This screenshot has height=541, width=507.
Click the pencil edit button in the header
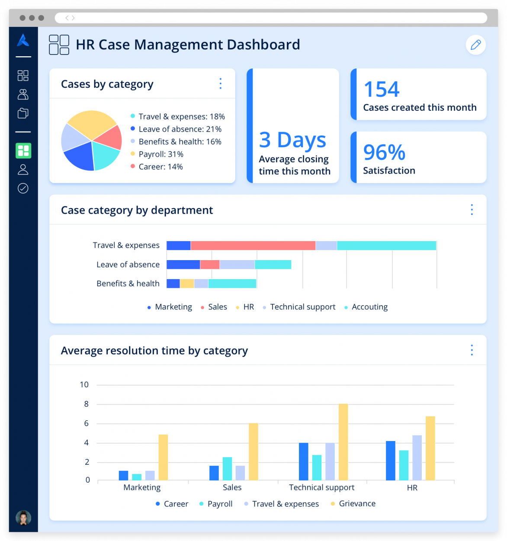click(x=475, y=45)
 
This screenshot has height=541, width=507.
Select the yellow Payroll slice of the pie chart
click(x=91, y=124)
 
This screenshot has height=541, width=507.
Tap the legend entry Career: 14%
click(x=160, y=167)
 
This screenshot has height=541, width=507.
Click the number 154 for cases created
click(x=381, y=90)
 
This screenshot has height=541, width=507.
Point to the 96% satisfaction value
click(x=384, y=152)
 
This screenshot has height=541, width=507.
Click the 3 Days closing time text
click(x=292, y=140)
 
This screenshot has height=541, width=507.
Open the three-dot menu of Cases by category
click(x=221, y=84)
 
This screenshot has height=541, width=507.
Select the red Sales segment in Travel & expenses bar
click(x=253, y=246)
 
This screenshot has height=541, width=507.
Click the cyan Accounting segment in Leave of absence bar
click(x=273, y=264)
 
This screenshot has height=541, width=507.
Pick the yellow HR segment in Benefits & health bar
click(x=187, y=283)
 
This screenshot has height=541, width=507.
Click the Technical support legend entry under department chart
click(x=302, y=307)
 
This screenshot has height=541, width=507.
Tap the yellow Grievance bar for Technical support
click(x=343, y=442)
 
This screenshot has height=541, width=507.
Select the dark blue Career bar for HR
click(x=391, y=460)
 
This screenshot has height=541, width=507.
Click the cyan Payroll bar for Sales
click(x=227, y=468)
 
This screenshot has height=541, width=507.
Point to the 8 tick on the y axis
click(x=87, y=404)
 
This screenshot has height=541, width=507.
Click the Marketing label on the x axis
click(x=142, y=488)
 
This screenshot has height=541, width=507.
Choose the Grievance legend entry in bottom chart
click(x=357, y=504)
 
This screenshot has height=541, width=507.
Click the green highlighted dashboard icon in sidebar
click(x=23, y=151)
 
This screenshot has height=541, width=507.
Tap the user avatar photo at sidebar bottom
click(x=23, y=518)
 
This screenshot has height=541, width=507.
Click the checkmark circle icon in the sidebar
click(x=23, y=188)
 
